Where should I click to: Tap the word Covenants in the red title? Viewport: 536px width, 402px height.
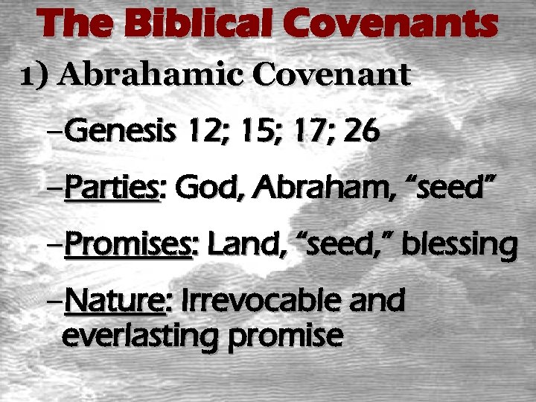386,25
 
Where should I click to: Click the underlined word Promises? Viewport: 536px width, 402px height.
129,245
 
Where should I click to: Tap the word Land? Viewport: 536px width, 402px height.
237,245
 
